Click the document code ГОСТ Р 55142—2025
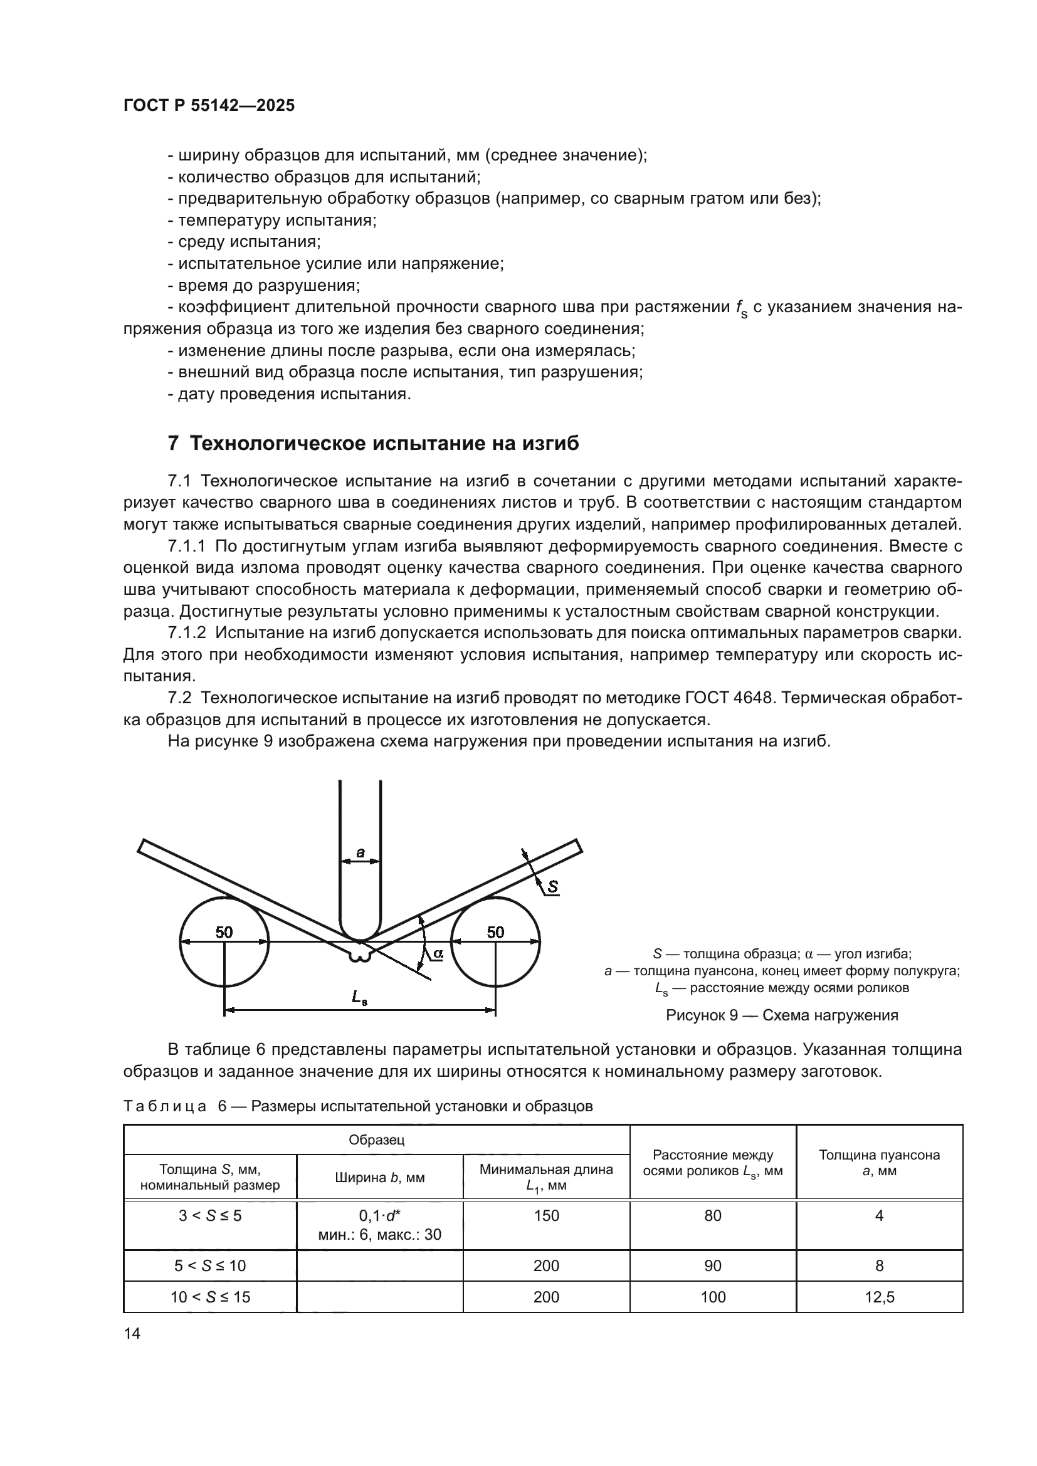pyautogui.click(x=209, y=105)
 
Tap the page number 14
pyautogui.click(x=132, y=1333)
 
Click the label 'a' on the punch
pyautogui.click(x=360, y=852)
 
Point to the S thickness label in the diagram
pyautogui.click(x=552, y=886)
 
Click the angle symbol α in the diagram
pyautogui.click(x=438, y=953)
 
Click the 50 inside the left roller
pyautogui.click(x=223, y=932)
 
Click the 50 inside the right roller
pyautogui.click(x=495, y=932)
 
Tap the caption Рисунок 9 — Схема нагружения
pyautogui.click(x=782, y=1015)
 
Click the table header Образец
pyautogui.click(x=376, y=1139)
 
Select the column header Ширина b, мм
pyautogui.click(x=379, y=1178)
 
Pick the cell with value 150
pyautogui.click(x=546, y=1216)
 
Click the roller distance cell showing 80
pyautogui.click(x=713, y=1216)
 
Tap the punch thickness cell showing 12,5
pyautogui.click(x=879, y=1297)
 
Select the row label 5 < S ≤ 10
pyautogui.click(x=210, y=1265)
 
